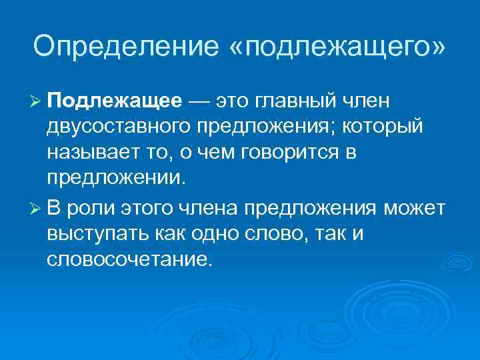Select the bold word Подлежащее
tap(114, 101)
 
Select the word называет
tap(89, 153)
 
